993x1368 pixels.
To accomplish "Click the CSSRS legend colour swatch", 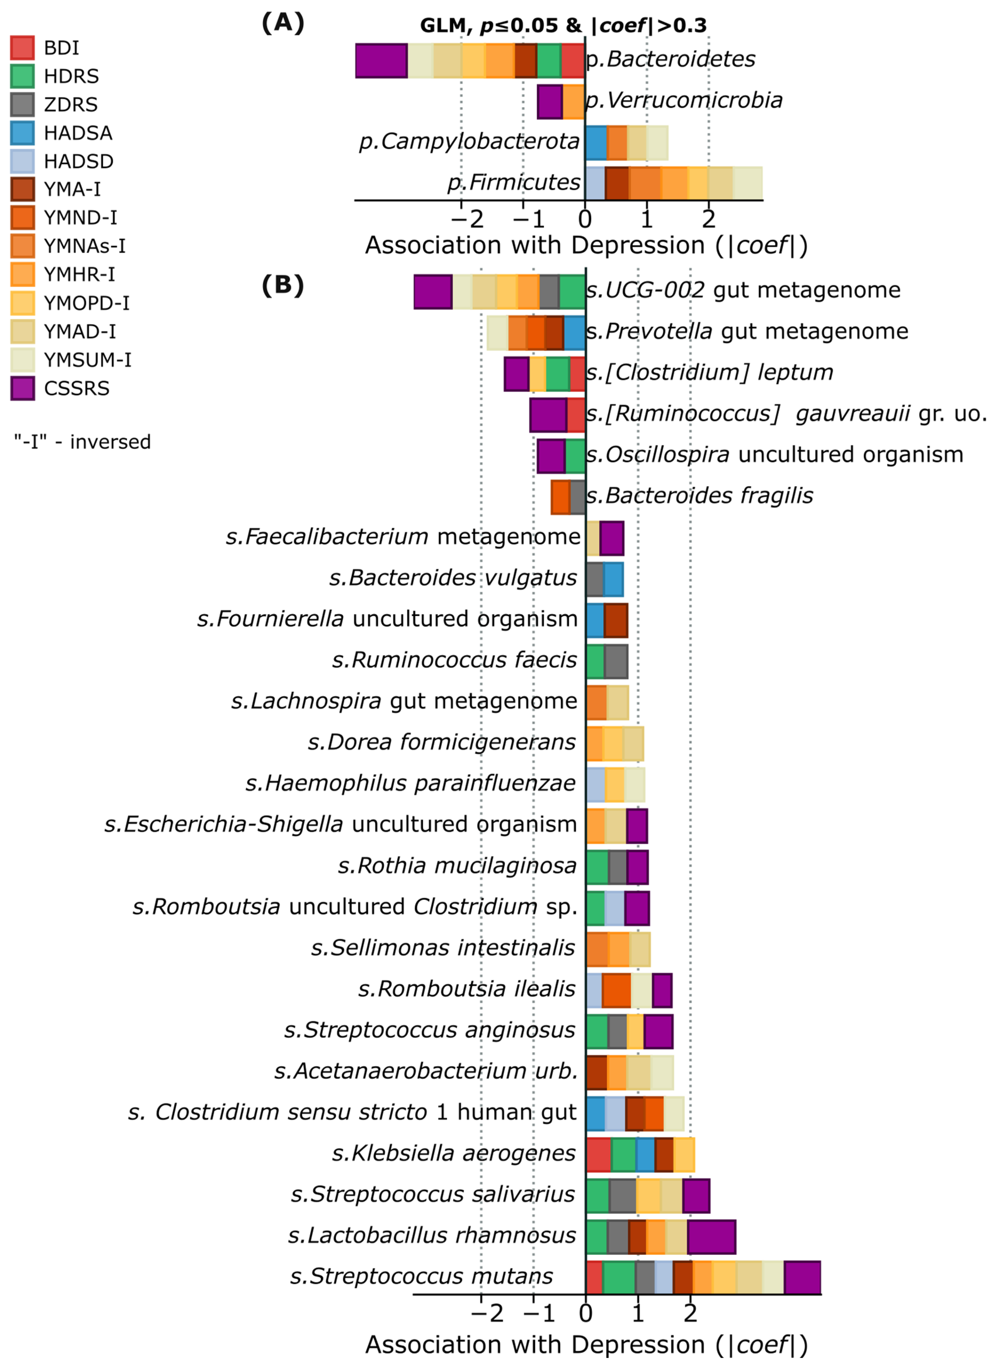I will click(22, 388).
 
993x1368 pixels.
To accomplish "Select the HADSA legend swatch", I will click(22, 133).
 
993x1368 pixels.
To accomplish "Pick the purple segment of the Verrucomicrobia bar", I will click(549, 101).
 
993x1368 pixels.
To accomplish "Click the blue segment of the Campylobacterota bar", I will click(596, 143).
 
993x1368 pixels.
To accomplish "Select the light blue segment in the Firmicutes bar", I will click(595, 183).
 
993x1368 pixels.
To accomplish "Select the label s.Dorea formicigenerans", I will click(442, 742).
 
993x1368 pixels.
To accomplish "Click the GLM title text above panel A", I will click(563, 25).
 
